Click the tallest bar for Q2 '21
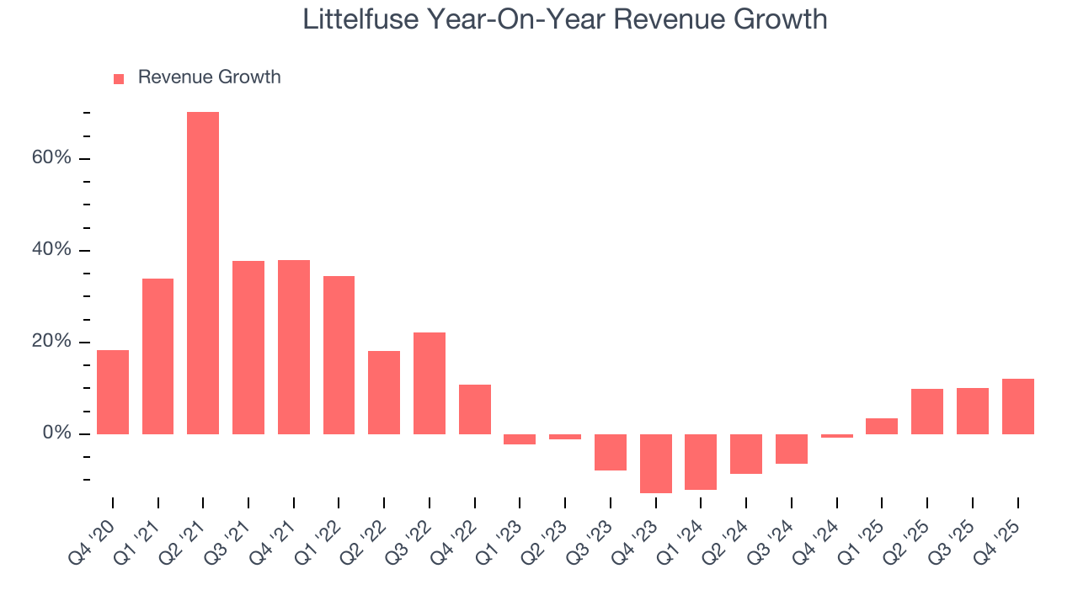click(203, 273)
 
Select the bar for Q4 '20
click(113, 392)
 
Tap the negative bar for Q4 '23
click(655, 463)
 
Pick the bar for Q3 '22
click(430, 383)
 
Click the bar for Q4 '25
click(1017, 407)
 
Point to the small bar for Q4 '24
click(836, 436)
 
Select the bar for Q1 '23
click(520, 439)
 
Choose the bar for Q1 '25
click(882, 426)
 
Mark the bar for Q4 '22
click(475, 409)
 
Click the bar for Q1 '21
click(157, 356)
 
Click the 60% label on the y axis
click(51, 159)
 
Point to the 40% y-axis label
click(51, 251)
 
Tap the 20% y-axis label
click(51, 343)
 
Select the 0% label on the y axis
click(56, 434)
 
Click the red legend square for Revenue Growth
click(119, 78)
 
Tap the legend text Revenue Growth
click(209, 77)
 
